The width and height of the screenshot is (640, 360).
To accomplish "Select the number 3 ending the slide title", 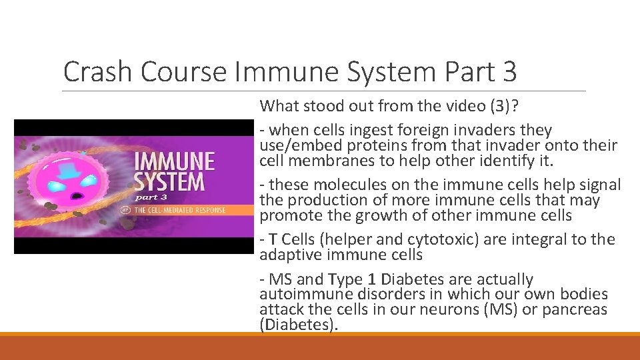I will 509,72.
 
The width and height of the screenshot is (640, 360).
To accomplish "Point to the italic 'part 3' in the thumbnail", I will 152,197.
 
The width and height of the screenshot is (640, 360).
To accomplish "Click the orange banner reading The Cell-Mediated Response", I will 180,210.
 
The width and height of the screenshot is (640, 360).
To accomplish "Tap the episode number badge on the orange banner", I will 125,210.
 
